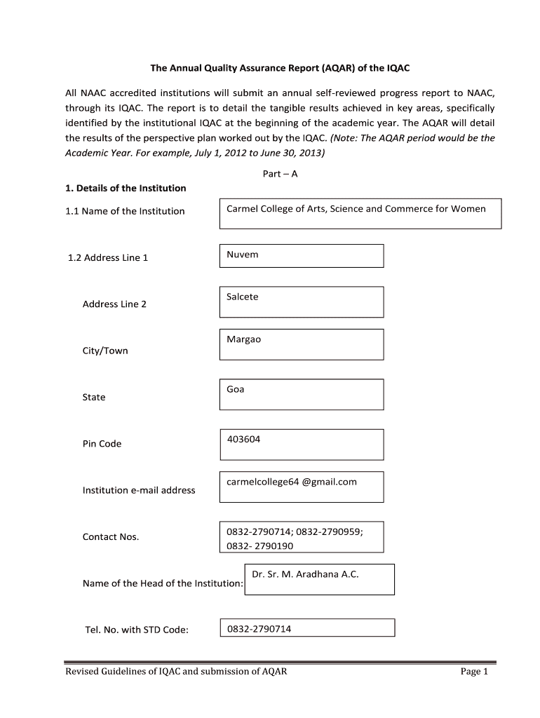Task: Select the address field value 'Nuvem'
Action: click(243, 255)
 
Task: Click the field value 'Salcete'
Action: click(243, 297)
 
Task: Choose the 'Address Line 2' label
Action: click(114, 304)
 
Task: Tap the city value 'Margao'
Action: click(243, 339)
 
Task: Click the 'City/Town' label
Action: click(105, 351)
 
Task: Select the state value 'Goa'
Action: click(236, 389)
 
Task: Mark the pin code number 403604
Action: click(243, 439)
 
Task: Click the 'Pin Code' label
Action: click(102, 444)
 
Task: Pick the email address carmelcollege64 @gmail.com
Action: click(292, 482)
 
